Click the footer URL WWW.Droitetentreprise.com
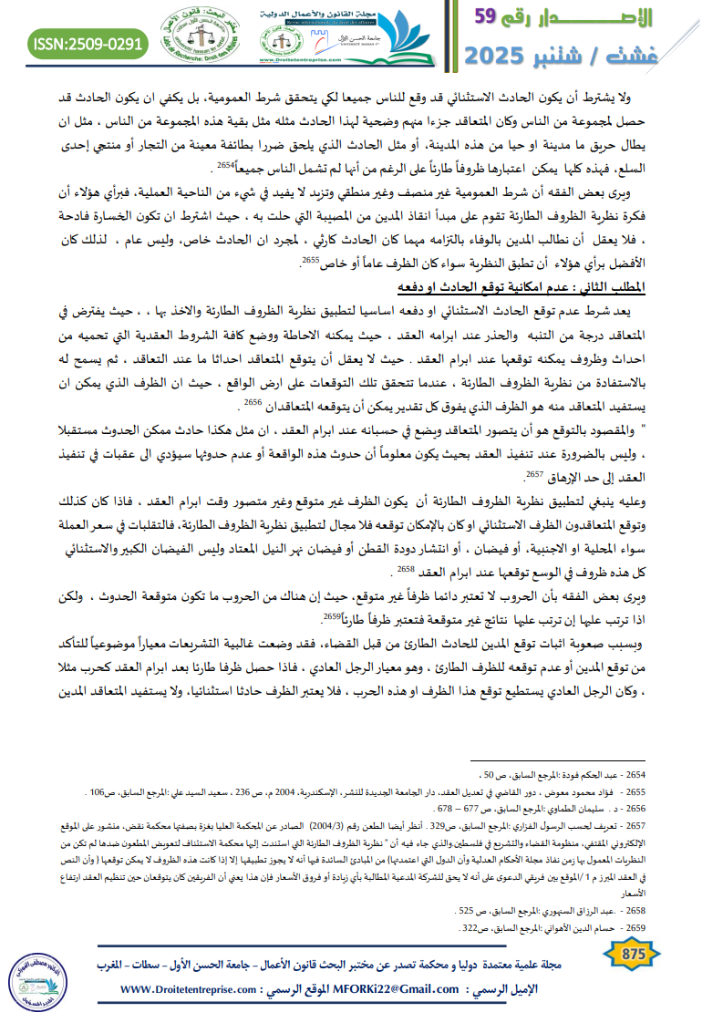pos(188,989)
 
